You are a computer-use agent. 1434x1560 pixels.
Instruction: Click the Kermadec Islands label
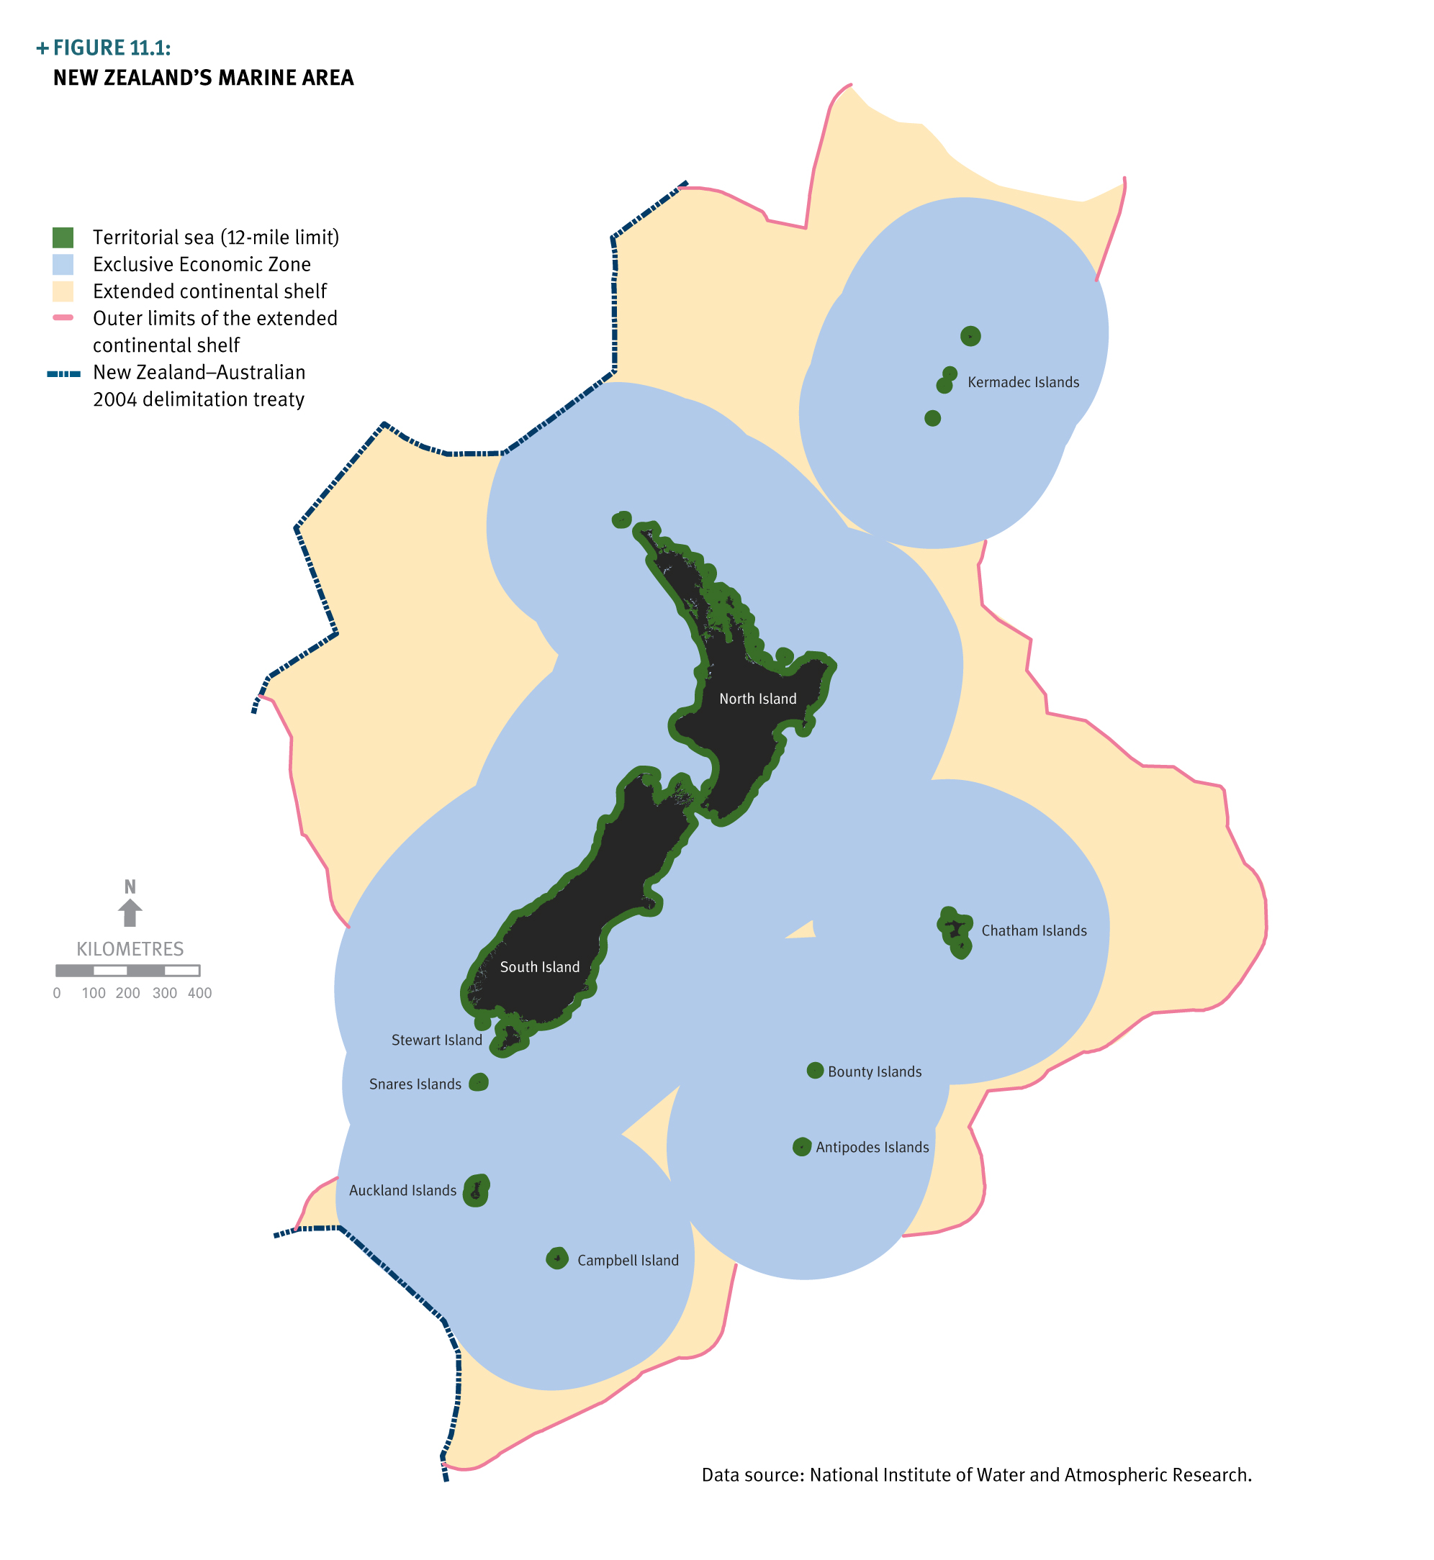click(x=1023, y=382)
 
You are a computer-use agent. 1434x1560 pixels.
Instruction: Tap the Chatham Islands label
click(x=1034, y=931)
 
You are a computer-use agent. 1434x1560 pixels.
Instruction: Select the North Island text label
click(x=757, y=699)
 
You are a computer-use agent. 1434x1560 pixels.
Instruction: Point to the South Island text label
click(x=539, y=967)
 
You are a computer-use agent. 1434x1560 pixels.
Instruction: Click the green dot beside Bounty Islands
click(x=815, y=1071)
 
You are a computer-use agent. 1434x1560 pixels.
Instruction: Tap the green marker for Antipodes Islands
click(x=801, y=1146)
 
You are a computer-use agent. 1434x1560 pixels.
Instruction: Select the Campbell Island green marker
click(x=557, y=1259)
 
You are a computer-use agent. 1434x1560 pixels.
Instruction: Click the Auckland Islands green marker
click(x=476, y=1190)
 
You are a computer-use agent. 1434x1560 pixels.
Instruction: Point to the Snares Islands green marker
click(x=479, y=1082)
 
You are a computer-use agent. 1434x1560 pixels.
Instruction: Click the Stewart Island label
click(x=436, y=1040)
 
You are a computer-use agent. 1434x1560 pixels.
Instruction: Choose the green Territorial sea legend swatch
click(x=63, y=237)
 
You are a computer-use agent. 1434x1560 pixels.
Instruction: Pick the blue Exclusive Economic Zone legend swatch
click(x=63, y=265)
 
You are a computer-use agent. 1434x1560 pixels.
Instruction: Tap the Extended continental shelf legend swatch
click(x=63, y=291)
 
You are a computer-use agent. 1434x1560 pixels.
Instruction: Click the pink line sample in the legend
click(x=63, y=318)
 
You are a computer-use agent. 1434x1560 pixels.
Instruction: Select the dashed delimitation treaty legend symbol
click(x=63, y=374)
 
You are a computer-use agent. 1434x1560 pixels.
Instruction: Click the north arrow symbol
click(x=130, y=912)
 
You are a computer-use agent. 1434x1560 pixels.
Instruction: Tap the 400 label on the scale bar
click(x=199, y=994)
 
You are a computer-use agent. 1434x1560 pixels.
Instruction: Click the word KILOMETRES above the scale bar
click(x=130, y=950)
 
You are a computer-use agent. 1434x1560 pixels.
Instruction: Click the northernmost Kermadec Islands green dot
click(x=970, y=336)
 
